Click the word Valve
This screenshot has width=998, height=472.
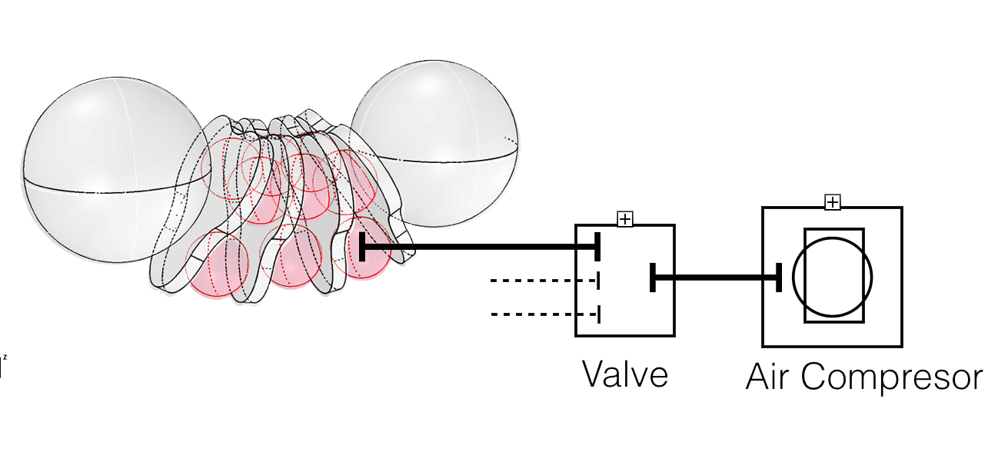624,375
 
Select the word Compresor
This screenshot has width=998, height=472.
892,378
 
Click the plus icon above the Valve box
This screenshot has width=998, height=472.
625,219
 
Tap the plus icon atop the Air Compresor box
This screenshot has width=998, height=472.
832,202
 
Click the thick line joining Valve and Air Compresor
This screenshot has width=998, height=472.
715,278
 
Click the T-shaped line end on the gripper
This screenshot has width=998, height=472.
362,248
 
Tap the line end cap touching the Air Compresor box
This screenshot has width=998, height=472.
778,278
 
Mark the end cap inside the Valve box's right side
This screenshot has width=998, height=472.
653,278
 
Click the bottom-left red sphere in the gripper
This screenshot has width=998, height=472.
218,265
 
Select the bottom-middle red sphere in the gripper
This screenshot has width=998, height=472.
291,257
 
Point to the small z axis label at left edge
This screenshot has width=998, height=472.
4,358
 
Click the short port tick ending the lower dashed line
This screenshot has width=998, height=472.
598,314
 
